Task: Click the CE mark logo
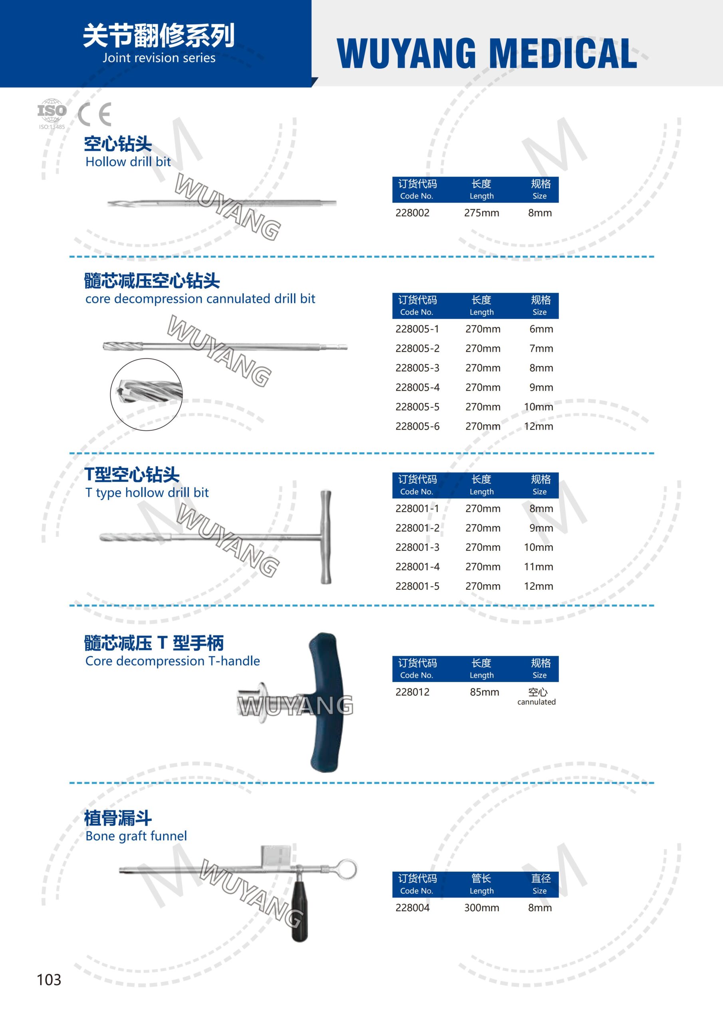[94, 115]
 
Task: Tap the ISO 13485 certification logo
[52, 114]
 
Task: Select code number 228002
[413, 213]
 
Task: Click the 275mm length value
[482, 213]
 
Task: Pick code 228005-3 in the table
[417, 368]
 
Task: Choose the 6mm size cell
[541, 329]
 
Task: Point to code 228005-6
[417, 426]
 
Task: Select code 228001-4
[417, 567]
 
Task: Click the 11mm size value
[538, 567]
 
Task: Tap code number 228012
[413, 692]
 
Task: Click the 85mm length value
[485, 692]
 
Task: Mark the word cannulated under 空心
[536, 702]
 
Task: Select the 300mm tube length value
[482, 908]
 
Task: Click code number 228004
[413, 908]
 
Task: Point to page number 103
[49, 979]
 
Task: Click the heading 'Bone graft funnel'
[136, 836]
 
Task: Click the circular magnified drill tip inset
[146, 394]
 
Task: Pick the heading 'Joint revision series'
[159, 58]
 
